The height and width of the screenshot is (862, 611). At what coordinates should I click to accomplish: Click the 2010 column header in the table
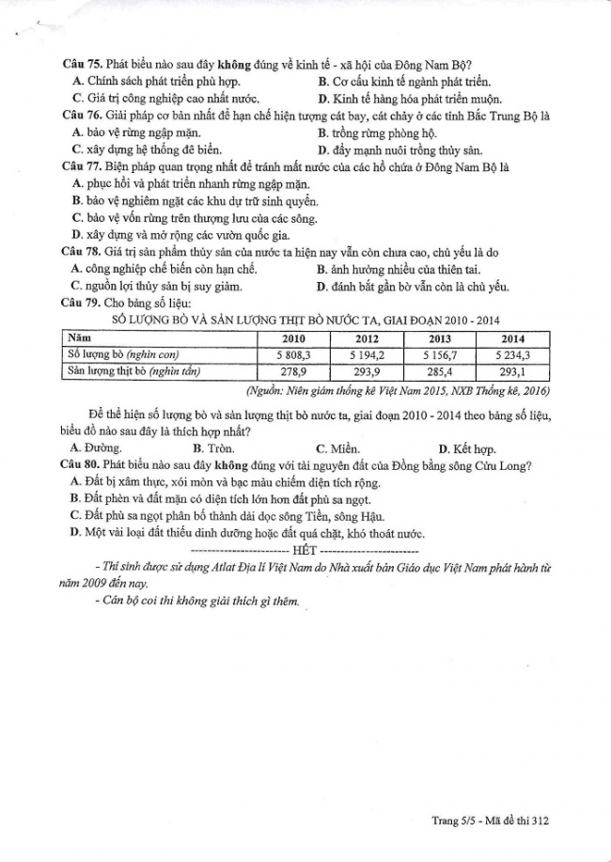(293, 338)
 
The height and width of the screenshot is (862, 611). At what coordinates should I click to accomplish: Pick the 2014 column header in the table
(513, 338)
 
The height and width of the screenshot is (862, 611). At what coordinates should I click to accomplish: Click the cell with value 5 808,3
(293, 354)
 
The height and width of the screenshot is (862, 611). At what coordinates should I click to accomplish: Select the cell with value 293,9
(368, 371)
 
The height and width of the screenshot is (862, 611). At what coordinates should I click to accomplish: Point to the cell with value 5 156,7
(440, 354)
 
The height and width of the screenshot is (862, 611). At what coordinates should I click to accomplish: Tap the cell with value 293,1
(513, 371)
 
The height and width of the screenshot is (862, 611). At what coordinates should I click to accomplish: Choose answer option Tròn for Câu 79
(212, 448)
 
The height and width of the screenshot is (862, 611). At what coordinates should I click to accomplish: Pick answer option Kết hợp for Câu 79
(462, 448)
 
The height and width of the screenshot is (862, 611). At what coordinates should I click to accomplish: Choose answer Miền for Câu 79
(335, 448)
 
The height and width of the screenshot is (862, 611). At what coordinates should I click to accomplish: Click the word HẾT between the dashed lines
(305, 548)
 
